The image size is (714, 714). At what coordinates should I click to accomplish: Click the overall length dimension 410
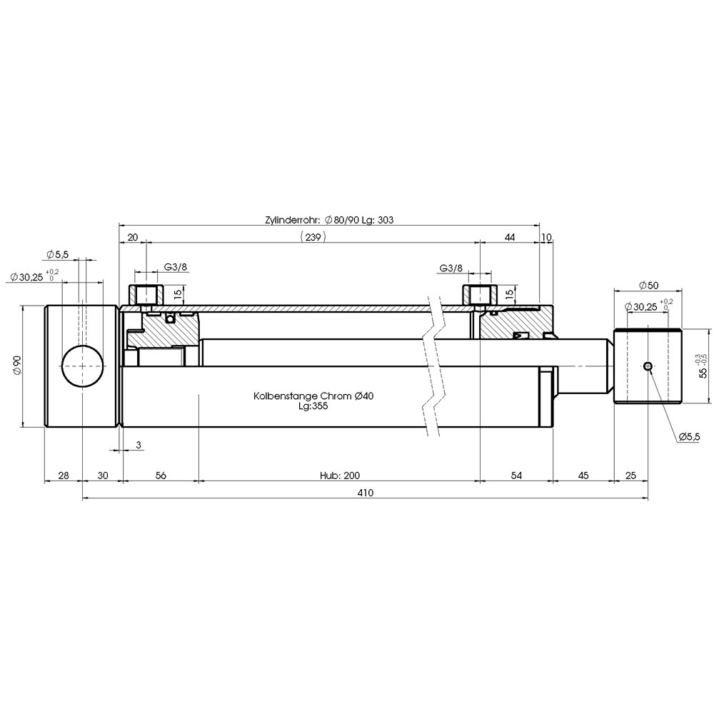coord(365,492)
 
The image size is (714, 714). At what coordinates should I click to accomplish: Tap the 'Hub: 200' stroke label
coord(340,476)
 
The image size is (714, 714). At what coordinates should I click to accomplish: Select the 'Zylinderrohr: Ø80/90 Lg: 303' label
coord(329,220)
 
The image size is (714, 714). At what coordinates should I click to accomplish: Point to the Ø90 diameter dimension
coord(17,366)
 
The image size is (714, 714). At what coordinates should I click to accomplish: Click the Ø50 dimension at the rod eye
coord(648,286)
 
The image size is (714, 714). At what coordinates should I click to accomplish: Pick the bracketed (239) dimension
coord(313,237)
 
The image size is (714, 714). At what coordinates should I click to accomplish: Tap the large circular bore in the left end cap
coord(82,366)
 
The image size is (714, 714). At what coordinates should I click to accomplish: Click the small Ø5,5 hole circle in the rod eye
coord(648,366)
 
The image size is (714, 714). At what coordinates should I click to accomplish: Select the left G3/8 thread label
coord(176,267)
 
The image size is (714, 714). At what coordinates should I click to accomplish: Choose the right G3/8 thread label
coord(451,268)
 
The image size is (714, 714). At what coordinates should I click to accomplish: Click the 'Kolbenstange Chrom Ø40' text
coord(313,396)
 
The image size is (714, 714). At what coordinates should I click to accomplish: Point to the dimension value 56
coord(161,476)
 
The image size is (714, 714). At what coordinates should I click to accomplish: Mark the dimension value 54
coord(516,476)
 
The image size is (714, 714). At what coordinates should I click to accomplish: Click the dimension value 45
coord(583,476)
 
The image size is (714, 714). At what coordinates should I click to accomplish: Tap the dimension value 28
coord(64,476)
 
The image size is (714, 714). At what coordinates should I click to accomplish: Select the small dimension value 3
coord(139,445)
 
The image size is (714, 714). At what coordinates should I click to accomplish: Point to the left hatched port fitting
coord(145,295)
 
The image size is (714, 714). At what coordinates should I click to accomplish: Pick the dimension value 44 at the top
coord(510,237)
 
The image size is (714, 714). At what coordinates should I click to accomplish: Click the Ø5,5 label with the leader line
coord(689,437)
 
